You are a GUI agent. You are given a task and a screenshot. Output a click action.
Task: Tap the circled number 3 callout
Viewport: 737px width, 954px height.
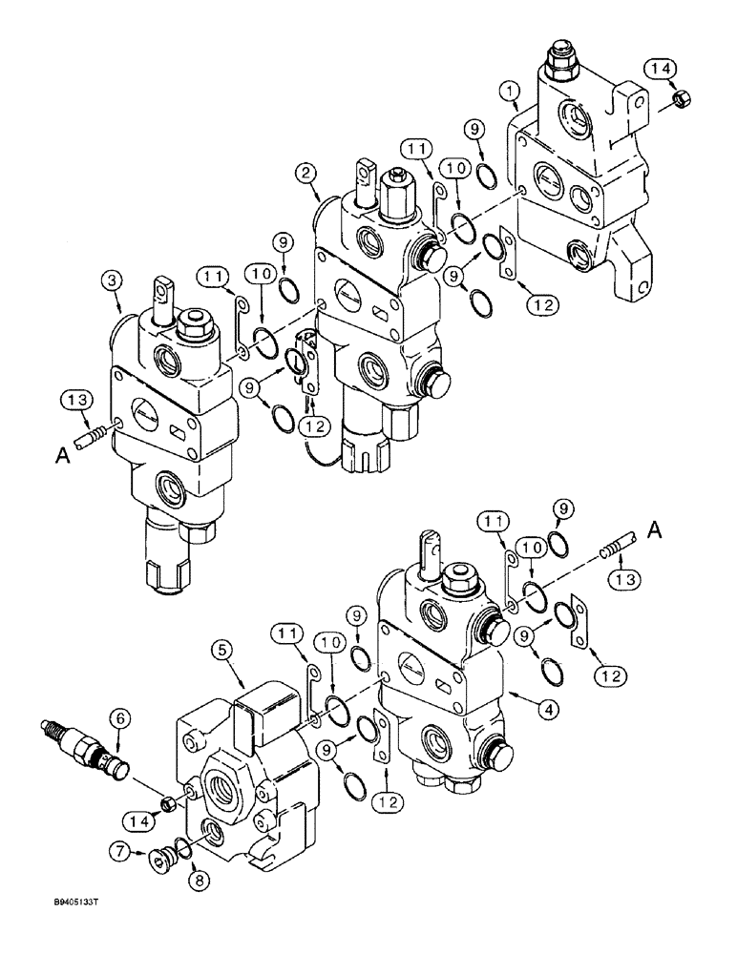pos(113,280)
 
